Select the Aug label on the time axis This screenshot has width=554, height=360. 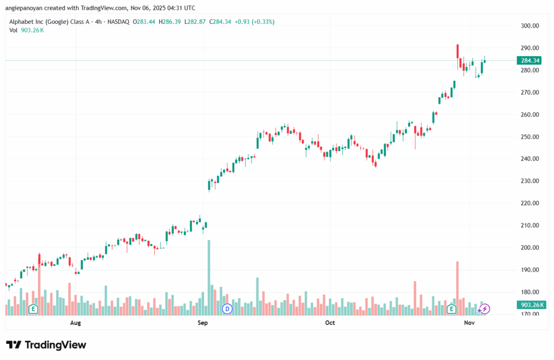pos(75,323)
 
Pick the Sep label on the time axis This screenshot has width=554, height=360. pos(203,323)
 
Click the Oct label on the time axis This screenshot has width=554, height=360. pos(330,323)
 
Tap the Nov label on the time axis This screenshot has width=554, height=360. pos(469,323)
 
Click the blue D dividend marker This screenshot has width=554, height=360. pos(227,309)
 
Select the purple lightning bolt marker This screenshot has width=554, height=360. pos(485,309)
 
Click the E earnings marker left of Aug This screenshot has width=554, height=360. pos(33,309)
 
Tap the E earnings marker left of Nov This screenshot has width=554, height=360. pos(451,309)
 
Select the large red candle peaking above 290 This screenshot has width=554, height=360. pos(458,51)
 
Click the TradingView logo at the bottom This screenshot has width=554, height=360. pos(46,345)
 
